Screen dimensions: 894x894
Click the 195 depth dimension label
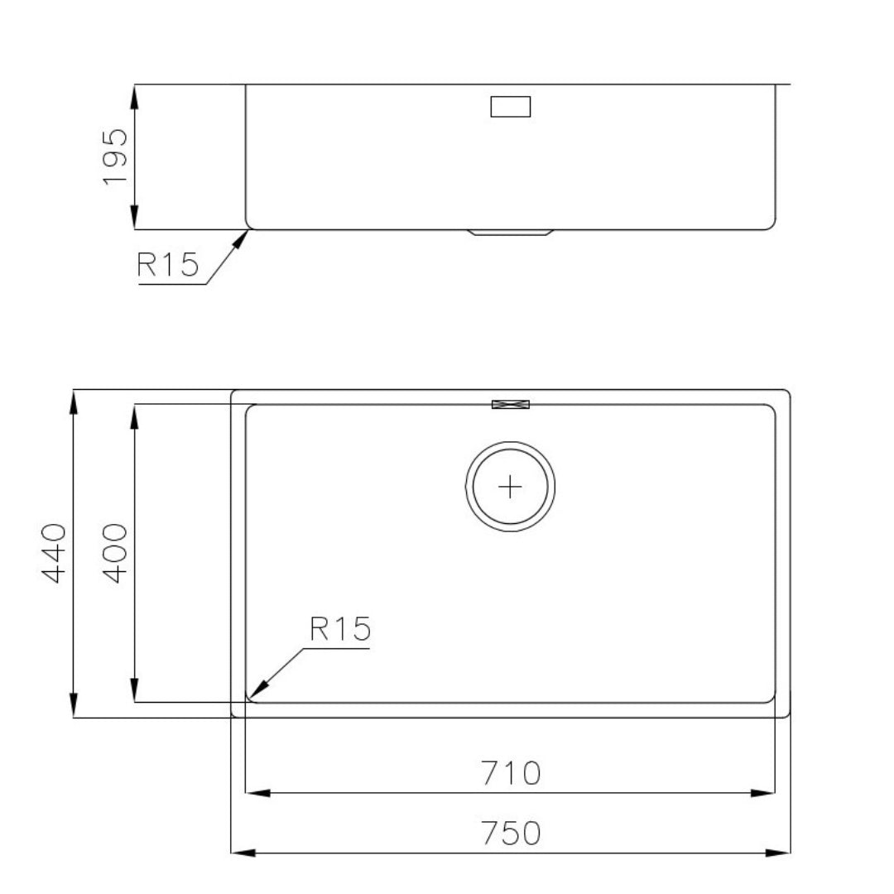click(115, 156)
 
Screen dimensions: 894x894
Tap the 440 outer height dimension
click(54, 553)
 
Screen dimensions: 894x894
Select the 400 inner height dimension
click(114, 553)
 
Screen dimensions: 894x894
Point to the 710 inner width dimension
click(510, 773)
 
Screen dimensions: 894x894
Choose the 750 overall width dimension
click(511, 833)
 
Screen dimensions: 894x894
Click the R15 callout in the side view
click(168, 265)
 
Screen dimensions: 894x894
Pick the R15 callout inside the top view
click(340, 628)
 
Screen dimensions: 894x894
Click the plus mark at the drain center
click(510, 487)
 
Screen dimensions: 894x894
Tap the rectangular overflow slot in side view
click(511, 107)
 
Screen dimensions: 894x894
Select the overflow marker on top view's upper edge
click(511, 405)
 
